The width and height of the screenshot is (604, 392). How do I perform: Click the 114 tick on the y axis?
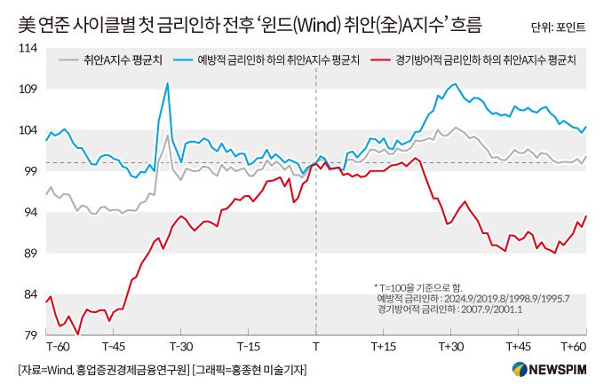click(x=28, y=48)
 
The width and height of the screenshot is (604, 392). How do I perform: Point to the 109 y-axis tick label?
click(x=28, y=90)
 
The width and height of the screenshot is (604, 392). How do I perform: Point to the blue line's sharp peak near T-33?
click(x=167, y=83)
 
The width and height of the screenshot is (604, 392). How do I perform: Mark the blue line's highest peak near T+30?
click(x=454, y=84)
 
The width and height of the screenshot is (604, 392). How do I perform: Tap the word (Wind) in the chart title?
click(x=312, y=20)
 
